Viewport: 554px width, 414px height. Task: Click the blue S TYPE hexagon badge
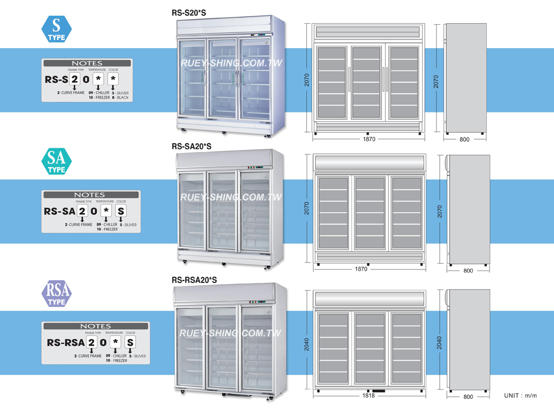pos(56,28)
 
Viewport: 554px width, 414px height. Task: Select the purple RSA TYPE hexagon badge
pos(56,294)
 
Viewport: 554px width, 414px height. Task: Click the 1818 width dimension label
pos(368,396)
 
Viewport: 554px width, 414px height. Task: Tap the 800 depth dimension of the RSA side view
pos(468,397)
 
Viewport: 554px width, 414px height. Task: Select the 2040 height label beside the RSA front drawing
pos(307,343)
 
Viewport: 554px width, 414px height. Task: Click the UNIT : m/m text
pos(520,396)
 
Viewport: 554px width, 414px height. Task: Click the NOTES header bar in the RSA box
pos(96,326)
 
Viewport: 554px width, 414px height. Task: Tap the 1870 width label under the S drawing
pos(369,139)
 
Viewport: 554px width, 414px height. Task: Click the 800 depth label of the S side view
pos(464,139)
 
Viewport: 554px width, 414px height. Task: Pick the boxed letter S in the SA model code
pos(121,211)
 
